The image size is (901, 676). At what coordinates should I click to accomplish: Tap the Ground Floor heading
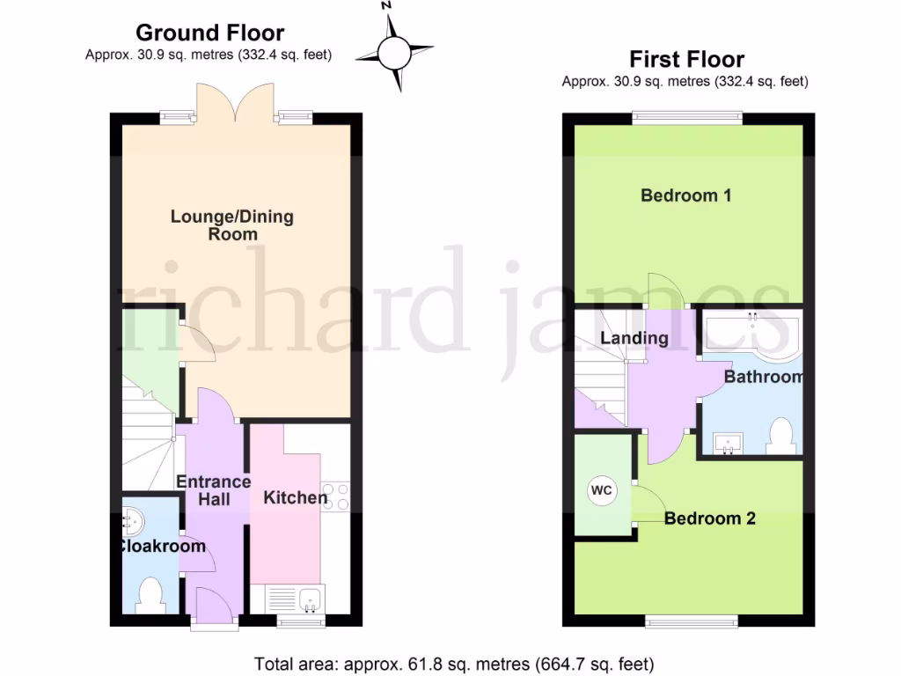(x=209, y=33)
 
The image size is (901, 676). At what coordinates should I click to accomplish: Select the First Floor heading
(x=686, y=59)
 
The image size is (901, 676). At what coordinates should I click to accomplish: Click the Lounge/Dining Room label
(x=232, y=225)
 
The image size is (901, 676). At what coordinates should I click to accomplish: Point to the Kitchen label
(x=296, y=498)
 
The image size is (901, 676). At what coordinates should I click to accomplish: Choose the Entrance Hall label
(x=214, y=490)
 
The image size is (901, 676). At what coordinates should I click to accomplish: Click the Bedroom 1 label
(x=685, y=195)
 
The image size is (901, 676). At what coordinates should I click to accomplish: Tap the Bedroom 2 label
(x=709, y=518)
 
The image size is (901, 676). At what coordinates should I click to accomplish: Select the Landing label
(x=634, y=338)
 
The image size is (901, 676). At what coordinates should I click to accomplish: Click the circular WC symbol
(x=603, y=489)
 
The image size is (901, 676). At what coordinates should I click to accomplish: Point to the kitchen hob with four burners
(x=336, y=496)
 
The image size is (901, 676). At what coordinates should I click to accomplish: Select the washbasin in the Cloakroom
(x=132, y=523)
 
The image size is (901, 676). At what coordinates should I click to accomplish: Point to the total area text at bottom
(x=454, y=664)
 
